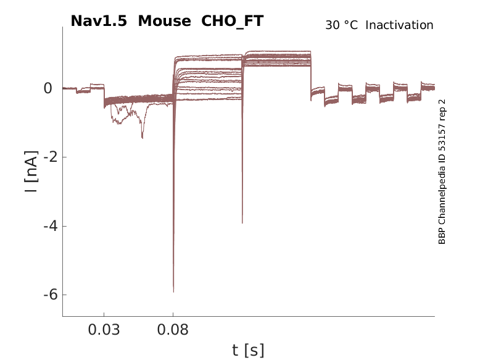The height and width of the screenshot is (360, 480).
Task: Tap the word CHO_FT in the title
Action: pos(233,21)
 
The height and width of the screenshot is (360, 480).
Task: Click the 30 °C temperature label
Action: pos(341,25)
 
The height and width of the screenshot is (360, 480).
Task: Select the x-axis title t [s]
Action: pos(248,351)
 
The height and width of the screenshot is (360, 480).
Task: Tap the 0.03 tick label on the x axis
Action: pos(104,330)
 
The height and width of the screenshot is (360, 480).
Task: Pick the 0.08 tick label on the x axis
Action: pos(173,330)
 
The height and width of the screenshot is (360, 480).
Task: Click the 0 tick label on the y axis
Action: pos(48,88)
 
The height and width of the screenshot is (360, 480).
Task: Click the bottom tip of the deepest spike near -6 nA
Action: pos(173,291)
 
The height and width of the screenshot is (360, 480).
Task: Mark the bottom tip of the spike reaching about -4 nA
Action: pos(242,223)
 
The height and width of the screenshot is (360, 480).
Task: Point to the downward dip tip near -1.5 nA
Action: pos(142,138)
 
